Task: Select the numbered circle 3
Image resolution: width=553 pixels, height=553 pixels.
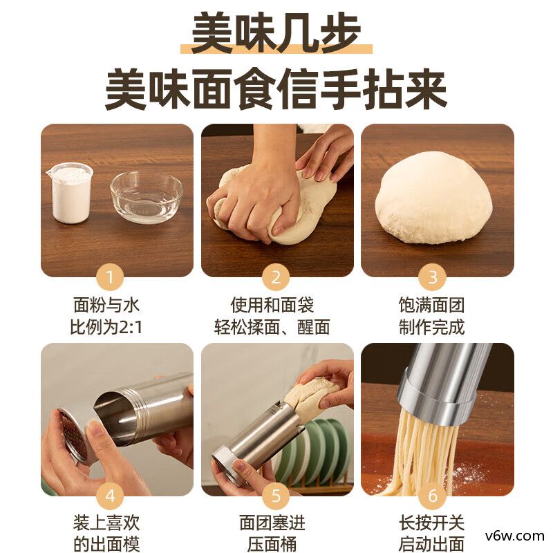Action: [x=433, y=279]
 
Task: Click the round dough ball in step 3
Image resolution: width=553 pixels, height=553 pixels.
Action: [x=433, y=198]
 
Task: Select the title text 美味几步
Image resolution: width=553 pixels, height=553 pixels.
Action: [x=276, y=33]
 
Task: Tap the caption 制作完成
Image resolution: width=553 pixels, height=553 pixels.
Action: [x=432, y=326]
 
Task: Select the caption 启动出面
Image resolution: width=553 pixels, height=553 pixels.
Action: [x=432, y=543]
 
